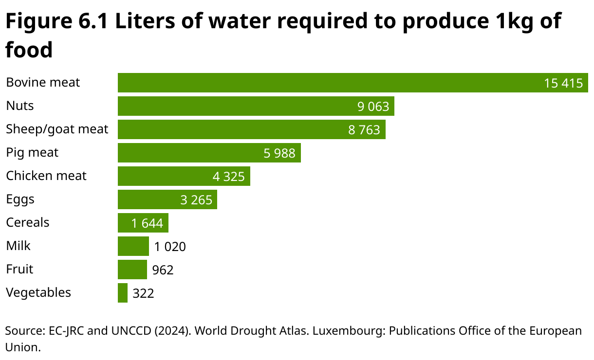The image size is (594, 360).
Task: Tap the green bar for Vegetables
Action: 123,293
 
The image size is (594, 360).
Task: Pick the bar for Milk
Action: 133,246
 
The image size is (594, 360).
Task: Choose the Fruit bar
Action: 132,270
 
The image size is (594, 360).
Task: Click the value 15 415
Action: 563,83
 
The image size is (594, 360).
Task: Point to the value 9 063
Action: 373,107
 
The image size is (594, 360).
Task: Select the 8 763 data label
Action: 364,130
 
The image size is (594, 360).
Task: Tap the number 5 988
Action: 279,153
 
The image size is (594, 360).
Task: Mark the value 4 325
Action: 228,177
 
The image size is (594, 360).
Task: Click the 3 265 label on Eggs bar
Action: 196,200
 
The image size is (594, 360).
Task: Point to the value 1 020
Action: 170,247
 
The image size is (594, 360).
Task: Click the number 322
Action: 143,293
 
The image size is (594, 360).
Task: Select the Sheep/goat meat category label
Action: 57,129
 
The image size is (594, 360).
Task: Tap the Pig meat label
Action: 32,153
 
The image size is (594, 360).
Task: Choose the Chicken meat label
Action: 46,176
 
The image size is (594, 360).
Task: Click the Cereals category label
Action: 28,222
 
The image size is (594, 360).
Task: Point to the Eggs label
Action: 20,199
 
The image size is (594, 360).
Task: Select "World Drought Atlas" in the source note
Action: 251,331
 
